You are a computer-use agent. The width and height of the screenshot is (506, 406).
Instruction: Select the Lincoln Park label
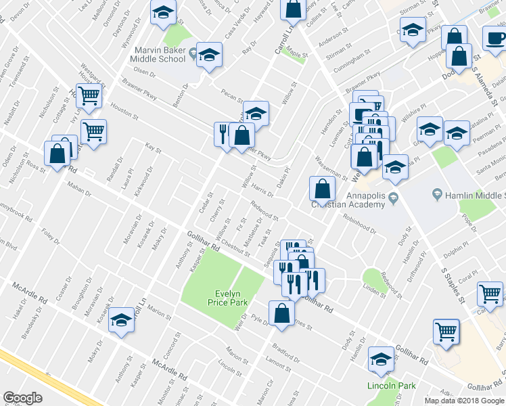[389, 386]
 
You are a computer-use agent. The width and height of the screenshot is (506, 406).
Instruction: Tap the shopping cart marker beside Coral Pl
[490, 293]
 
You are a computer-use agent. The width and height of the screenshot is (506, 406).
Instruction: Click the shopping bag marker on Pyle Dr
[281, 313]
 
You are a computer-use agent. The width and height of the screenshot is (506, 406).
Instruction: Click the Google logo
[22, 397]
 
